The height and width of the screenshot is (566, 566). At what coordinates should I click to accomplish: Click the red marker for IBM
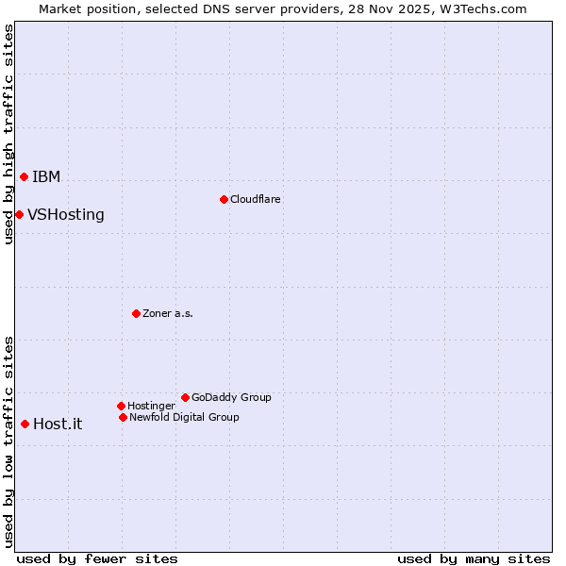pyautogui.click(x=24, y=176)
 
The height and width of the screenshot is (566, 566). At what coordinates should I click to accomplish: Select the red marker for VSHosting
pyautogui.click(x=19, y=214)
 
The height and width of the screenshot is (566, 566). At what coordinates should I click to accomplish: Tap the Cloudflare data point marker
pyautogui.click(x=224, y=199)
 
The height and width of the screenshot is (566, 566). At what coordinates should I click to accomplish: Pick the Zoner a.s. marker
pyautogui.click(x=136, y=313)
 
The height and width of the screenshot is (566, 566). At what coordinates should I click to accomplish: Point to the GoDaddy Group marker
pyautogui.click(x=185, y=397)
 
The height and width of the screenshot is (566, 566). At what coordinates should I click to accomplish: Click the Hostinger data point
pyautogui.click(x=121, y=406)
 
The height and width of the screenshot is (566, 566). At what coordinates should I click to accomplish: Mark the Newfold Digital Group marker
pyautogui.click(x=123, y=417)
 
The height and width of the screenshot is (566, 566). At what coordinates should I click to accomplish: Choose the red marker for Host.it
pyautogui.click(x=25, y=424)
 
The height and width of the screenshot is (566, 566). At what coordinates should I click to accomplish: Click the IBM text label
pyautogui.click(x=46, y=177)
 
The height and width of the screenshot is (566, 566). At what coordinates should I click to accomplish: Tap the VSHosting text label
pyautogui.click(x=66, y=215)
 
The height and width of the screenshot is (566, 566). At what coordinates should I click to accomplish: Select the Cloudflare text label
pyautogui.click(x=256, y=200)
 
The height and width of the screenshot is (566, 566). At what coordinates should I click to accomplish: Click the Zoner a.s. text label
pyautogui.click(x=168, y=314)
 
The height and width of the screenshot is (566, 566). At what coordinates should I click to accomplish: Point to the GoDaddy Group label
pyautogui.click(x=231, y=398)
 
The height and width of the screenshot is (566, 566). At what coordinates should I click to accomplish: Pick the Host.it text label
pyautogui.click(x=58, y=424)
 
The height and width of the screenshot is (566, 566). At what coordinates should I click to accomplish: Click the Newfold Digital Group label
pyautogui.click(x=184, y=418)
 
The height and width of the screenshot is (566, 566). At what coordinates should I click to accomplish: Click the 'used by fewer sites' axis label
pyautogui.click(x=97, y=558)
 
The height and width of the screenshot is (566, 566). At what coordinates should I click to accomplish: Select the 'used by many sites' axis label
pyautogui.click(x=474, y=558)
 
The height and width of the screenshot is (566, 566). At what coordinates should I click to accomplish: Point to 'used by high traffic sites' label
pyautogui.click(x=8, y=134)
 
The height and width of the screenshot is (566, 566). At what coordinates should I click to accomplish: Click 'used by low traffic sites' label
pyautogui.click(x=8, y=441)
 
